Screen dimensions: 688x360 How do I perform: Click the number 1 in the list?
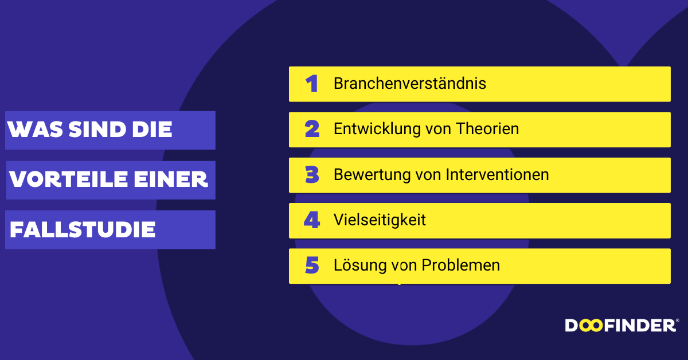point(312,84)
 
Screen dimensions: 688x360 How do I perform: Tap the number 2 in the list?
point(312,129)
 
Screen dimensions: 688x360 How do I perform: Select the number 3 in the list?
point(312,174)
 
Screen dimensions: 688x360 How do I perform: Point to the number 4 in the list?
point(312,220)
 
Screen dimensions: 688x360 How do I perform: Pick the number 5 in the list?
point(312,265)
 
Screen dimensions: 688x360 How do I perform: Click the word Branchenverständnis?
point(410,83)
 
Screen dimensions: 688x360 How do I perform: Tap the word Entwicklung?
point(377,130)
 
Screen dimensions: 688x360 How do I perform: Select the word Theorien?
point(487,129)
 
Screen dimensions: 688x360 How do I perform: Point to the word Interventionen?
point(497,174)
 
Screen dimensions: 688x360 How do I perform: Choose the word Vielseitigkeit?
point(380,221)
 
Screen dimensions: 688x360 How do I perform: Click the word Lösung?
point(360,265)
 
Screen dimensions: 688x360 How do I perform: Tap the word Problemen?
point(461,265)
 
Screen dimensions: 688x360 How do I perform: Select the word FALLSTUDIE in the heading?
point(83,229)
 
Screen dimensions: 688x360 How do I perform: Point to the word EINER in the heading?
point(171,179)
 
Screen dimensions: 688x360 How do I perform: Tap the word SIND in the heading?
point(97,130)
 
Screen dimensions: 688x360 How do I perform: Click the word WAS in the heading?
point(35,130)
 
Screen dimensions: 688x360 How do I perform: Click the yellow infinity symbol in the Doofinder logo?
point(591,326)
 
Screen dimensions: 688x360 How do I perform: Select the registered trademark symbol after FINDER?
point(677,320)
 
